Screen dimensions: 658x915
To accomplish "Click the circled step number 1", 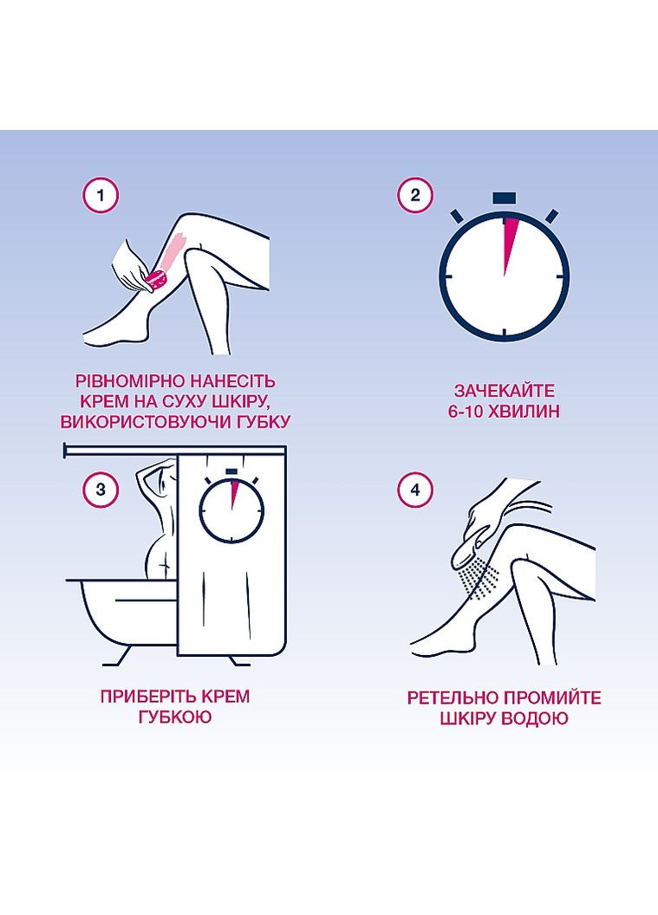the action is (101, 195).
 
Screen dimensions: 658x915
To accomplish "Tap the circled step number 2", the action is (415, 195).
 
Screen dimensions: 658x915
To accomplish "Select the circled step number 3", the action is (101, 489).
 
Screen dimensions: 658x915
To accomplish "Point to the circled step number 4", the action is (415, 489).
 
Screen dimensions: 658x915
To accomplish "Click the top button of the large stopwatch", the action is (504, 198).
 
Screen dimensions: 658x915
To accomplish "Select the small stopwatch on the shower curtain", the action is (231, 507).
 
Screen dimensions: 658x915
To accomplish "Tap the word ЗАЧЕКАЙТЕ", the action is (504, 391).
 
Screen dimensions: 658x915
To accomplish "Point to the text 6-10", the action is (467, 412).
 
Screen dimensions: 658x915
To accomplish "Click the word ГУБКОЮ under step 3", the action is (175, 717).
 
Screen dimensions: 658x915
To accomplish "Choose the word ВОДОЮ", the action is (534, 718).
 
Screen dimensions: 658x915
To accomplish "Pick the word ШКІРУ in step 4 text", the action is (467, 718).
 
